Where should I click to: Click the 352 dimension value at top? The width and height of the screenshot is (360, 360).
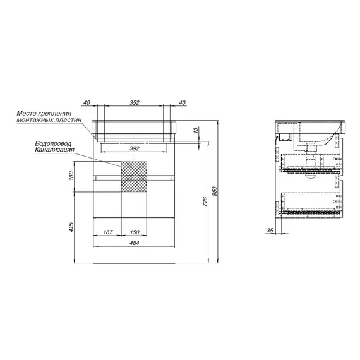point(135,102)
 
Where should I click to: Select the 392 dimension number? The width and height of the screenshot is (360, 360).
point(135,148)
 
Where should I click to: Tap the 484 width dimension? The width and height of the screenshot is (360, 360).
point(135,243)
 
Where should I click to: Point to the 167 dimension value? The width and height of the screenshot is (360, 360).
point(108,232)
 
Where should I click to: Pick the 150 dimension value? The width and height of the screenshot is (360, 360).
point(135,232)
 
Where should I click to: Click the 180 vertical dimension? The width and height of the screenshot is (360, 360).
point(71,176)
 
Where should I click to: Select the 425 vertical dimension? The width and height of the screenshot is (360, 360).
point(71,227)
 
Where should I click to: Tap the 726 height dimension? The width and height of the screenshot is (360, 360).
point(205,201)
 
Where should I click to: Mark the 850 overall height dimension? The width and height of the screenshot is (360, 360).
point(215,191)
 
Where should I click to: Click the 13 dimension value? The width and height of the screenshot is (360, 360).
point(196,130)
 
